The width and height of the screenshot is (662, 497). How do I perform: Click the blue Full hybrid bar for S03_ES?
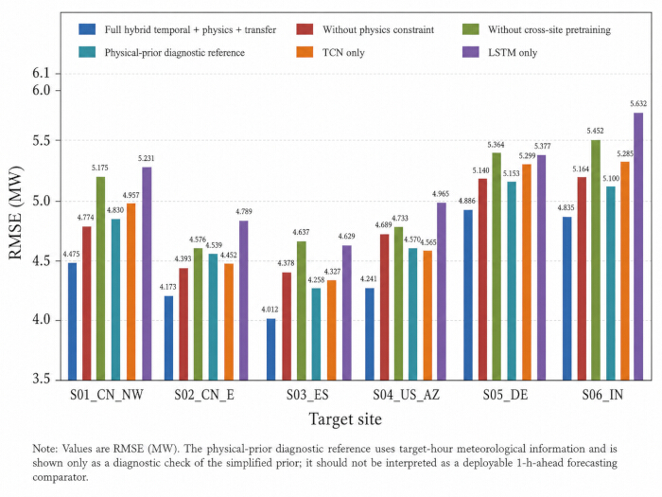pos(271,349)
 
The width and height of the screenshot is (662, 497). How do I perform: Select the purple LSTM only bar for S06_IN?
pos(638,246)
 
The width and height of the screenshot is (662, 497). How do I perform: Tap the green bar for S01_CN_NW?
pos(100,278)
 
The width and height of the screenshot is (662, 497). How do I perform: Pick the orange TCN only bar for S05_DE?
pos(527,273)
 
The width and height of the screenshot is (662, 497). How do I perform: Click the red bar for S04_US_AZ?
pos(385,308)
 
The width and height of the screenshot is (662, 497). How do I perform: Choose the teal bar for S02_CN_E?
pos(213,317)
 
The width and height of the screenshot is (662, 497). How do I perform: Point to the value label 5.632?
pos(638,103)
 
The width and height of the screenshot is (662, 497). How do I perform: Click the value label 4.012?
pos(270,310)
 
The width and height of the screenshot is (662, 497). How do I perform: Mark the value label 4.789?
pos(244,211)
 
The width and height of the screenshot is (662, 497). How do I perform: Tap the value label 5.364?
pos(496,145)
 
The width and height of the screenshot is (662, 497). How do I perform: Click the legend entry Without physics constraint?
pos(365,29)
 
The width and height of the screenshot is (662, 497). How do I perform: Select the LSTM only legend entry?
pos(500,52)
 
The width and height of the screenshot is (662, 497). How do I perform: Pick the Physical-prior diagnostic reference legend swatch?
pos(87,52)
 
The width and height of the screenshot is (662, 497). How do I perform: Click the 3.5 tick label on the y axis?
pos(41,379)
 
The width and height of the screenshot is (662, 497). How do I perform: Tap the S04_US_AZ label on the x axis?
pos(406,395)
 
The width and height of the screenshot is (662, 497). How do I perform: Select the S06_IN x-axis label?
pos(602,395)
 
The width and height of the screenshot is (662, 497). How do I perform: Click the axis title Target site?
pos(345,418)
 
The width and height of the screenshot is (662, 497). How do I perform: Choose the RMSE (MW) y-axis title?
pos(15,213)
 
